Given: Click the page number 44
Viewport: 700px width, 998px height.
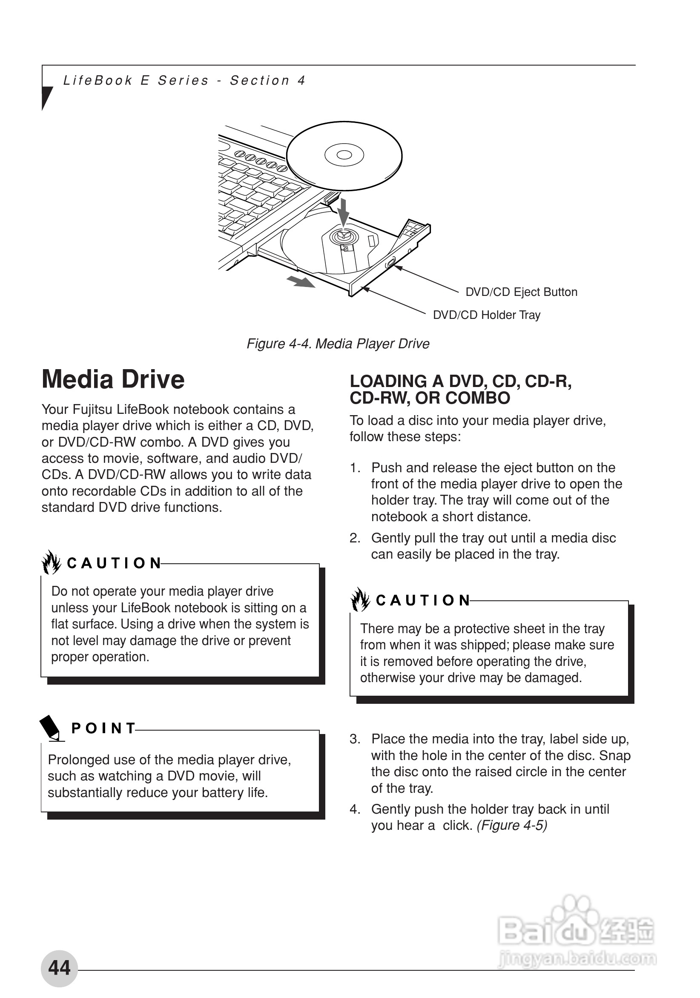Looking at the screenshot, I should pos(59,968).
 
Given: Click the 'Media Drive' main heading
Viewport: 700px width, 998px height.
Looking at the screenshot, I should pos(113,379).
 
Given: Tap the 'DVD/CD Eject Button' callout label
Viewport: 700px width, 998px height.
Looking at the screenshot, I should pos(521,292).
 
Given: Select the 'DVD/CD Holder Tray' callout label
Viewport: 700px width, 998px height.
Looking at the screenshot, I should pos(486,315).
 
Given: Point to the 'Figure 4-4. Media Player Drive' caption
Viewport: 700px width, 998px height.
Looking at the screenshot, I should pos(338,344).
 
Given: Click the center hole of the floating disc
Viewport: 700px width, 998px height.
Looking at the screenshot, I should pos(344,155).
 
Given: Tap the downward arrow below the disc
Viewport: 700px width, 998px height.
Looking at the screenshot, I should pos(344,211).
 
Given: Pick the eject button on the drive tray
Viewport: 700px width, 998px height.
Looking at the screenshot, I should pos(390,263).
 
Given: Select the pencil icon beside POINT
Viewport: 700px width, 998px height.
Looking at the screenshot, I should pos(51,727).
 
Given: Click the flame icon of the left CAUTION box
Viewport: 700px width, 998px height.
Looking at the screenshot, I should pos(51,562).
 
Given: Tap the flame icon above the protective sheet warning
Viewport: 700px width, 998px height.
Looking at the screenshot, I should pos(360,599).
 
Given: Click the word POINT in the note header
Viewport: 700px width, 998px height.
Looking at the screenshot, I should pos(103,728).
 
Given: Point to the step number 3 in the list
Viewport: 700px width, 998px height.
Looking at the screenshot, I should pos(355,739).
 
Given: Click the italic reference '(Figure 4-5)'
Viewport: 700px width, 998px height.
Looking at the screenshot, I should pos(511,825).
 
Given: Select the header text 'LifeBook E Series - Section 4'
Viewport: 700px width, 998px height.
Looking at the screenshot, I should pos(184,80).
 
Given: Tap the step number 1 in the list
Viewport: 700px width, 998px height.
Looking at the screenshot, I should pos(355,467).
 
